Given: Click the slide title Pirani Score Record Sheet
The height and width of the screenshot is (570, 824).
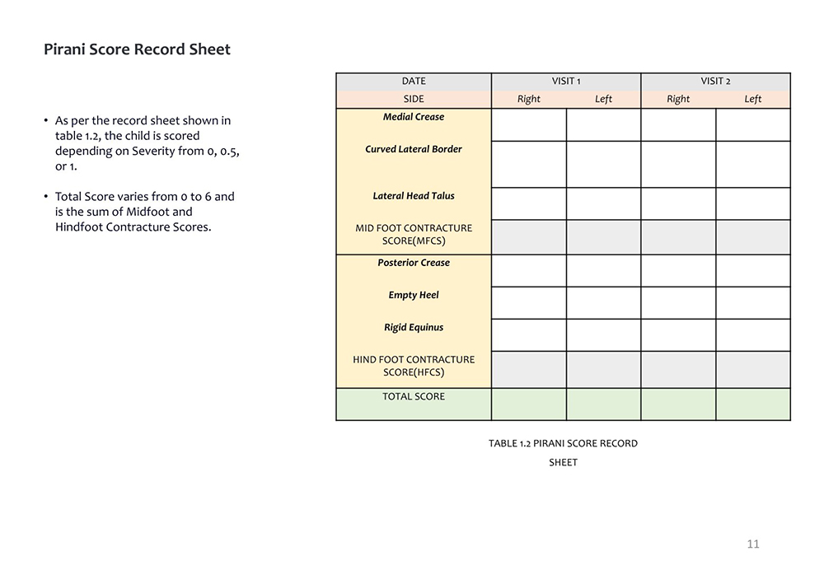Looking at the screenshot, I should [137, 49].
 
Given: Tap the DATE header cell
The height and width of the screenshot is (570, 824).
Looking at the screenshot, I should [414, 82].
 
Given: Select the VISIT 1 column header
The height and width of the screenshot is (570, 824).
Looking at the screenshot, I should [566, 82].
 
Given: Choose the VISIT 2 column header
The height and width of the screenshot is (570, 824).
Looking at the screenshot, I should [715, 82].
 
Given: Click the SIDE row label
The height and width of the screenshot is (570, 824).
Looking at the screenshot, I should [414, 99].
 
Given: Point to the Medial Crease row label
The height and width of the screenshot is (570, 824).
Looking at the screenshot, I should [414, 117].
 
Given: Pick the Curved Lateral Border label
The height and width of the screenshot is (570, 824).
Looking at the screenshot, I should [414, 149].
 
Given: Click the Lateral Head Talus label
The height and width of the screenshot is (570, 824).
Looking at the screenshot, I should [414, 196].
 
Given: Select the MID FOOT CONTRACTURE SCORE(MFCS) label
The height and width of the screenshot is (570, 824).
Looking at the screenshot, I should [414, 235].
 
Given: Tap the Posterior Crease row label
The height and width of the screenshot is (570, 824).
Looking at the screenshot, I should [414, 263].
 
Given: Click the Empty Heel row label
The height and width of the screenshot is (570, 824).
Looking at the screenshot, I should [414, 295].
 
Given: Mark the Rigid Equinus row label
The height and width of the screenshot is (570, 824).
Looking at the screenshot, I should [414, 327].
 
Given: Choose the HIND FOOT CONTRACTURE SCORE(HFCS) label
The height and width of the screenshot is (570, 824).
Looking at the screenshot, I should [414, 366].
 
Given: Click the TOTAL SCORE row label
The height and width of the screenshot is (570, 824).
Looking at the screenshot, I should [414, 396].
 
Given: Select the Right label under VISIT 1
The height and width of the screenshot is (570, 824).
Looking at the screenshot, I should [529, 99].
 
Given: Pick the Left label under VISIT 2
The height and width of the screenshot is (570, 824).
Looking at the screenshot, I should [753, 99].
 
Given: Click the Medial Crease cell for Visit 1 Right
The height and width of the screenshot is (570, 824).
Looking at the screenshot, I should [529, 125].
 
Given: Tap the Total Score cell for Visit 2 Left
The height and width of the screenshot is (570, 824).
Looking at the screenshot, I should [753, 404].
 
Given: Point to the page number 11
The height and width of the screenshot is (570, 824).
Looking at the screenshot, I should [753, 544].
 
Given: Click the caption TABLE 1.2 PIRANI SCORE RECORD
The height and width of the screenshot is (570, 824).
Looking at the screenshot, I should [563, 443].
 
